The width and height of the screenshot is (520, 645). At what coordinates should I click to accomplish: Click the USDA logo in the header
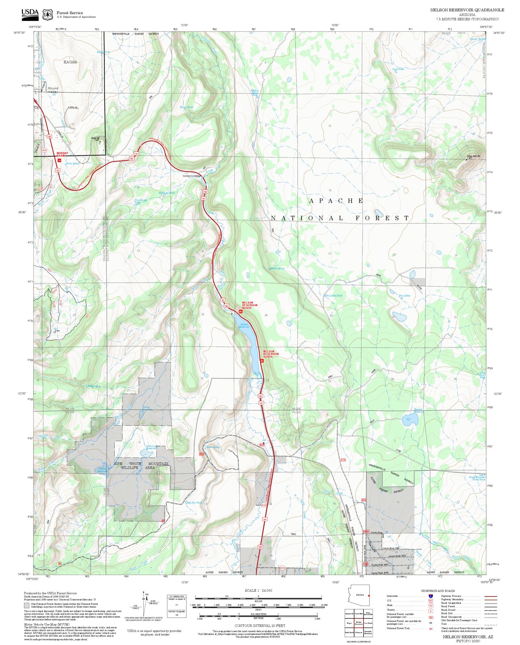click(x=30, y=14)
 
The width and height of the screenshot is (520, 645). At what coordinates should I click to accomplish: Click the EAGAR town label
click(x=70, y=62)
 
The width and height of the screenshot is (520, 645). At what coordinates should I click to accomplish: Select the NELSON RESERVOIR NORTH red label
click(x=250, y=305)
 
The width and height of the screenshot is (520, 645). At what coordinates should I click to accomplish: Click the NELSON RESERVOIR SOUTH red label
click(x=268, y=354)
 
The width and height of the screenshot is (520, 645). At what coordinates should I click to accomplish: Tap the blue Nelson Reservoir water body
click(x=252, y=344)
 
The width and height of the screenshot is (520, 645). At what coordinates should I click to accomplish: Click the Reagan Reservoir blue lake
click(x=409, y=419)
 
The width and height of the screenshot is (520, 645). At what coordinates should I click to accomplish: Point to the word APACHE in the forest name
click(x=336, y=201)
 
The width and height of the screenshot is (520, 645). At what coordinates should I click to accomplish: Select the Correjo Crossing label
click(x=192, y=176)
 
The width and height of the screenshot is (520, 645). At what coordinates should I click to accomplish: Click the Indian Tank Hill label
click(x=473, y=156)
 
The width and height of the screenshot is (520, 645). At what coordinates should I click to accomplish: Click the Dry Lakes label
click(x=404, y=296)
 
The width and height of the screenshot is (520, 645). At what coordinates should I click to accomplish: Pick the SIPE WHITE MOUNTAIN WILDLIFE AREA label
click(x=141, y=465)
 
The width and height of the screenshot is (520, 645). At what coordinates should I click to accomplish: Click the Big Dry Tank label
click(x=194, y=502)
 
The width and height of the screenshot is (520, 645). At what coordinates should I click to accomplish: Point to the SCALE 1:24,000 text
click(x=258, y=590)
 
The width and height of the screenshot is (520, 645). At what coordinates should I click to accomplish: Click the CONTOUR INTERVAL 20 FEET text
click(x=260, y=625)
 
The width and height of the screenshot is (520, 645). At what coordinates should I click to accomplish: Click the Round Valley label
click(x=53, y=90)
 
